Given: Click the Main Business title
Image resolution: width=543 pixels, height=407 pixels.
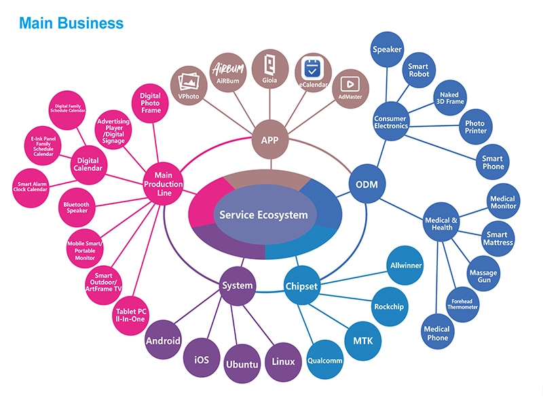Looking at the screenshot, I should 71,23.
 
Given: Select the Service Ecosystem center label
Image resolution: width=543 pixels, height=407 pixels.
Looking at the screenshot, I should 263,215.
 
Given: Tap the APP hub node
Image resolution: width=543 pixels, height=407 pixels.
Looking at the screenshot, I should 269,140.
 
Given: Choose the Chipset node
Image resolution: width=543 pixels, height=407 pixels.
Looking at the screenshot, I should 301,286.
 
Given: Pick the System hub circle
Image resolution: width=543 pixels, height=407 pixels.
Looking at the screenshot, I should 238,286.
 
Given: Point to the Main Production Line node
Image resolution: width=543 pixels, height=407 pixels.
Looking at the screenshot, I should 164,184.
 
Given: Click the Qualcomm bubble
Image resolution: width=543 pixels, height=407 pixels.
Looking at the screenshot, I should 325,360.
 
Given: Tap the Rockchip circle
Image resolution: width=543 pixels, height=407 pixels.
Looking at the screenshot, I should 389,307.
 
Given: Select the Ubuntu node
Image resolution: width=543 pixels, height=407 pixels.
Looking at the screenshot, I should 242,365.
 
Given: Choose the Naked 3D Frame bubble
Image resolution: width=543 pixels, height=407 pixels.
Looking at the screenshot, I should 449,99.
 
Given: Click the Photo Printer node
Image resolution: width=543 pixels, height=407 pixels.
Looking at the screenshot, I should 476,128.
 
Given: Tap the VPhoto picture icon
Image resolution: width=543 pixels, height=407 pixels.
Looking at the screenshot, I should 188,82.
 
